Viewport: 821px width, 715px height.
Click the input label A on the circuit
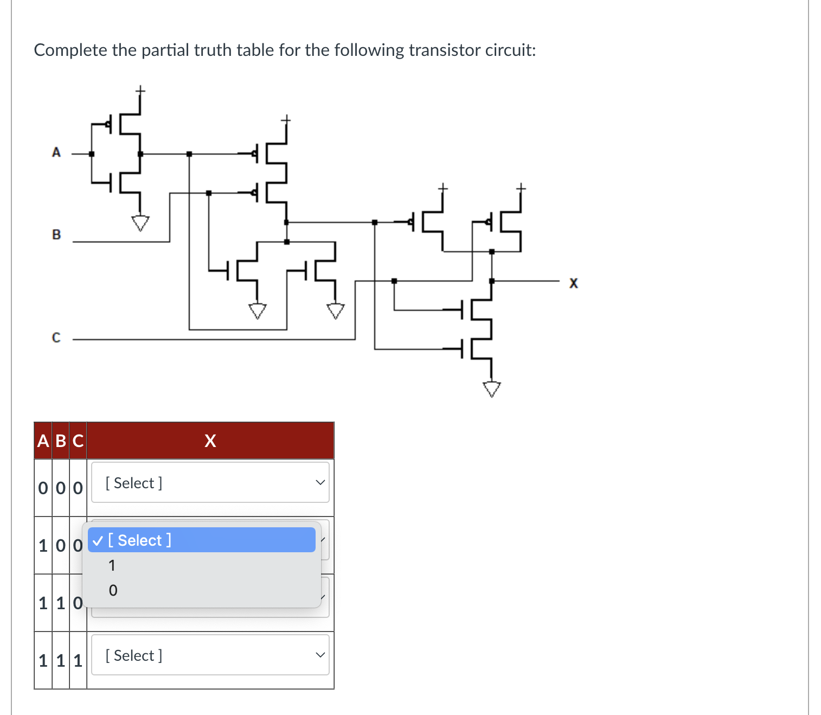pos(56,152)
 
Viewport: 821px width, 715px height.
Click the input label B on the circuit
pos(56,235)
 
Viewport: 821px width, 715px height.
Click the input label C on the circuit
pos(56,337)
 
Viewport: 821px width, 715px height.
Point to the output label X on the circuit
pos(573,283)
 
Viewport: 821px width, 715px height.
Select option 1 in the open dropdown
pos(112,565)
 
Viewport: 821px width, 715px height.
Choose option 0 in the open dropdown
pos(113,590)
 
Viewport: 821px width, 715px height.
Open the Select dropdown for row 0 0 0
pos(210,482)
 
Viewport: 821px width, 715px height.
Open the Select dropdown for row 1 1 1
pos(210,655)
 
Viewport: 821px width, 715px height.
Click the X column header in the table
pos(210,441)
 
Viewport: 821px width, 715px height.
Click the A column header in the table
pos(43,441)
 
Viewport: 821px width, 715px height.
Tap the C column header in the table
pos(78,441)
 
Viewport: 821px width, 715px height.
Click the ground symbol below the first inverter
pos(140,222)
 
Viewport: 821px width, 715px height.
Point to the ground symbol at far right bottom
pos(492,389)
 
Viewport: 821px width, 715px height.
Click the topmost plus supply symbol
pos(140,90)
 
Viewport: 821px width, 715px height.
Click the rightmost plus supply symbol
pos(521,188)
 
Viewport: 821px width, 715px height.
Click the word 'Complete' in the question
pos(70,50)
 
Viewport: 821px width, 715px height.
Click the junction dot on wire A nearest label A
pos(92,154)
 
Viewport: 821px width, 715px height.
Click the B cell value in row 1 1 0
pos(61,603)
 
